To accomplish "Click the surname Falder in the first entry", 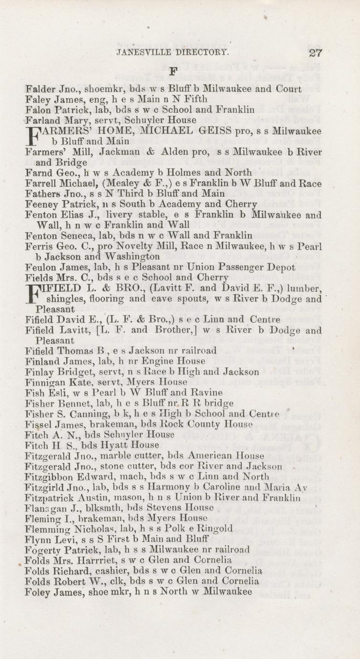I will (40, 89).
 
